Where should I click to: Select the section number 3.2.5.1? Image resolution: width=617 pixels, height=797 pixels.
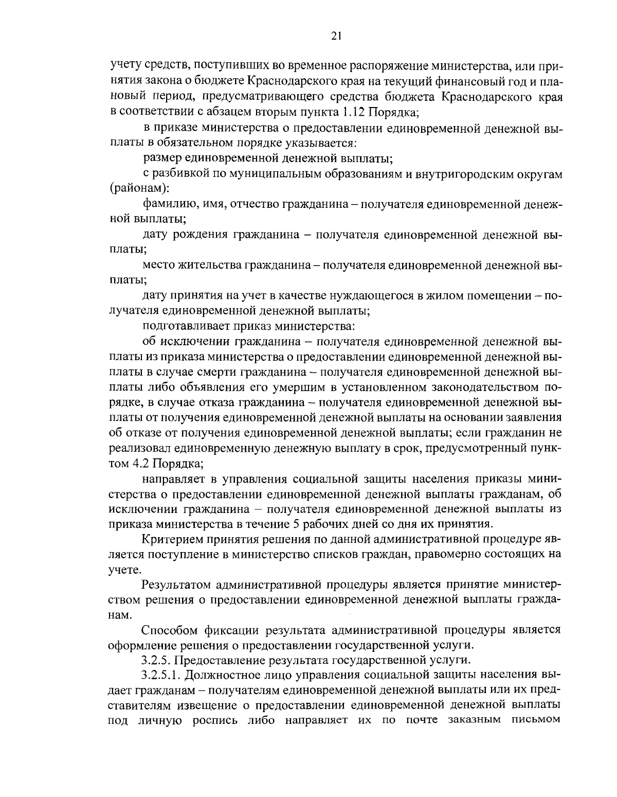[x=163, y=674]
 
